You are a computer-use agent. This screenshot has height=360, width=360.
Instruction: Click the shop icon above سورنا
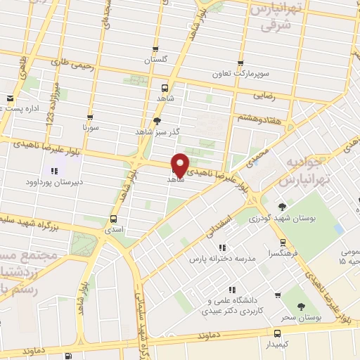(89, 117)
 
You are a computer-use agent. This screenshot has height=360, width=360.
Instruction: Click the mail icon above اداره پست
(10, 98)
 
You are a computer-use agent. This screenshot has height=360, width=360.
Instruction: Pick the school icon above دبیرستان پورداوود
(54, 171)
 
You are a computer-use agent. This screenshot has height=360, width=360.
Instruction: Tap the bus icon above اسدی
(114, 219)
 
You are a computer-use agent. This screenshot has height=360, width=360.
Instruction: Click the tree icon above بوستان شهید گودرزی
(282, 207)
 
